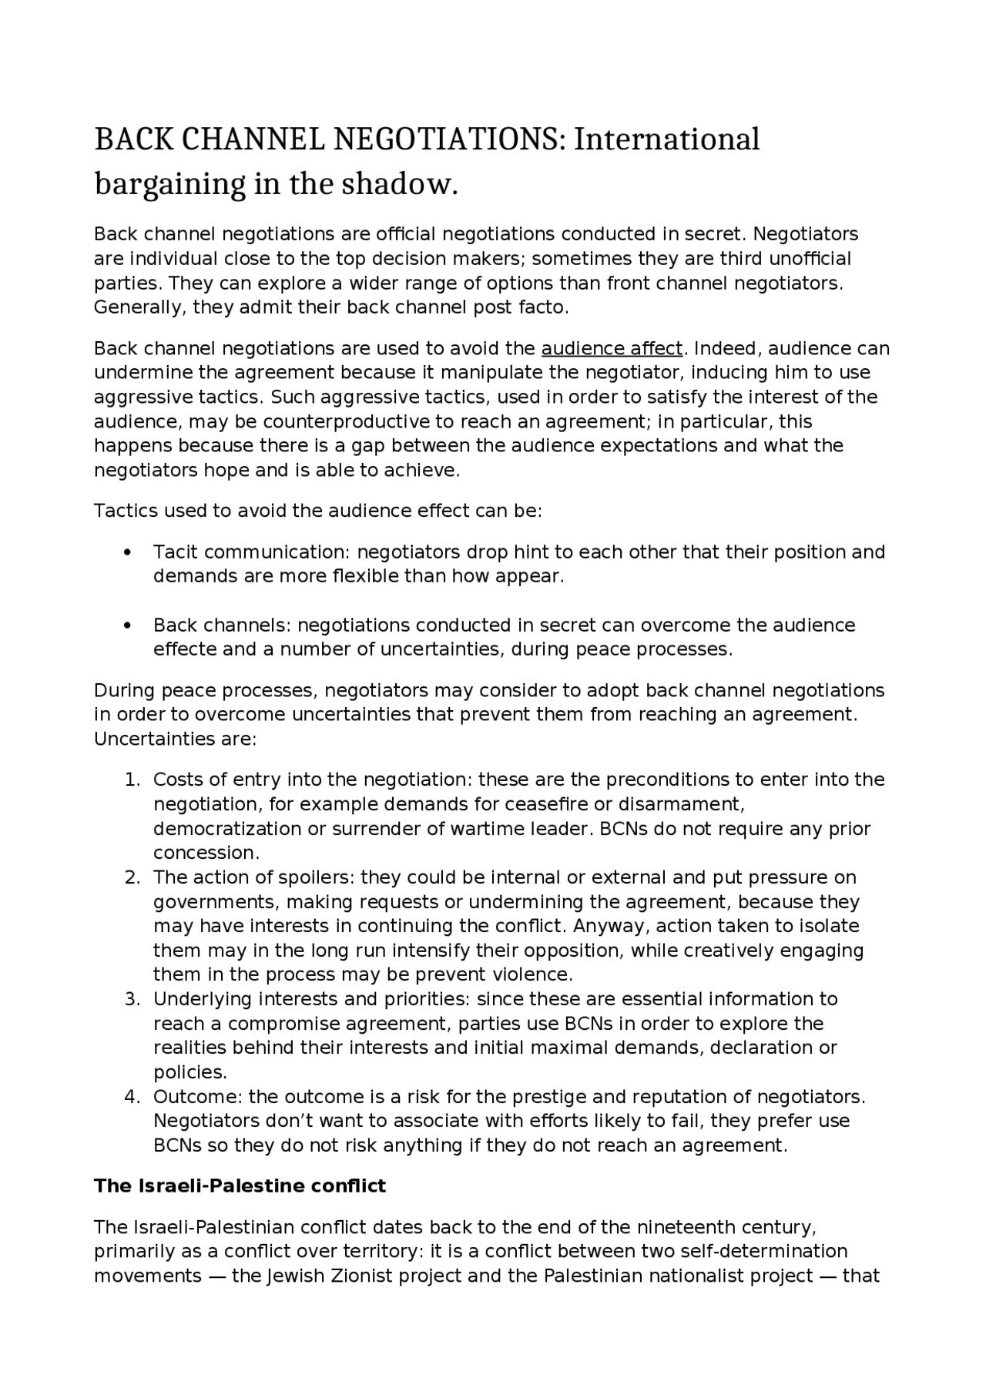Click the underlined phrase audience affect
612,349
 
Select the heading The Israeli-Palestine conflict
240,1186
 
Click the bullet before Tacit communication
128,553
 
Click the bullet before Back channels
128,625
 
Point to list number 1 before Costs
132,780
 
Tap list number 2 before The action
132,878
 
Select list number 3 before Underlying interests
132,1000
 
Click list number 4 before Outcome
132,1097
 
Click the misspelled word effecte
185,649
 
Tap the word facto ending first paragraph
545,308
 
